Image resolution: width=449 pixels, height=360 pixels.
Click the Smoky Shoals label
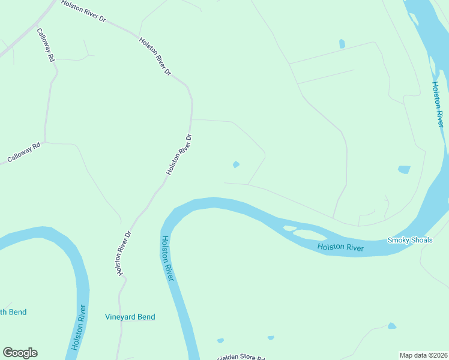pyautogui.click(x=410, y=240)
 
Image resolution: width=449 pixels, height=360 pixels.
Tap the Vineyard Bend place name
pyautogui.click(x=130, y=317)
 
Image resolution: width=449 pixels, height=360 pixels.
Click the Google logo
pyautogui.click(x=20, y=353)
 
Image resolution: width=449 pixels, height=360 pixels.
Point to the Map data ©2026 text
pyautogui.click(x=424, y=355)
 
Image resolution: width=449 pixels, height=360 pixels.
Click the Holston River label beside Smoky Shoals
pyautogui.click(x=340, y=247)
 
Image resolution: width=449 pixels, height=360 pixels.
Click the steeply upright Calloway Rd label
pyautogui.click(x=46, y=46)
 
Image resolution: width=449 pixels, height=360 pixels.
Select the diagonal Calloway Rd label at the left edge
pyautogui.click(x=24, y=152)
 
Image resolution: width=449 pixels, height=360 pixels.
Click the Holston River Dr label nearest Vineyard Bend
pyautogui.click(x=122, y=253)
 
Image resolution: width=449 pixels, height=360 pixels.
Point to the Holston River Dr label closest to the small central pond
pyautogui.click(x=179, y=154)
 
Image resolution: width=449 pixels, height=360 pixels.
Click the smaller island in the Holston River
pyautogui.click(x=289, y=228)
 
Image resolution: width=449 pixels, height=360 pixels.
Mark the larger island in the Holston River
pyautogui.click(x=311, y=235)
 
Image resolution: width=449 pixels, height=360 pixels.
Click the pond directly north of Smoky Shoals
pyautogui.click(x=404, y=170)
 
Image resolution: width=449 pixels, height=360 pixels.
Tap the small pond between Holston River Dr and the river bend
pyautogui.click(x=236, y=164)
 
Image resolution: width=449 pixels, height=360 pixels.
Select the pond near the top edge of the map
pyautogui.click(x=342, y=43)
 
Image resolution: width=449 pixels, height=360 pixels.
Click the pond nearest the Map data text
pyautogui.click(x=392, y=326)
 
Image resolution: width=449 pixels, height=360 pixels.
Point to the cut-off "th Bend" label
pyautogui.click(x=13, y=312)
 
